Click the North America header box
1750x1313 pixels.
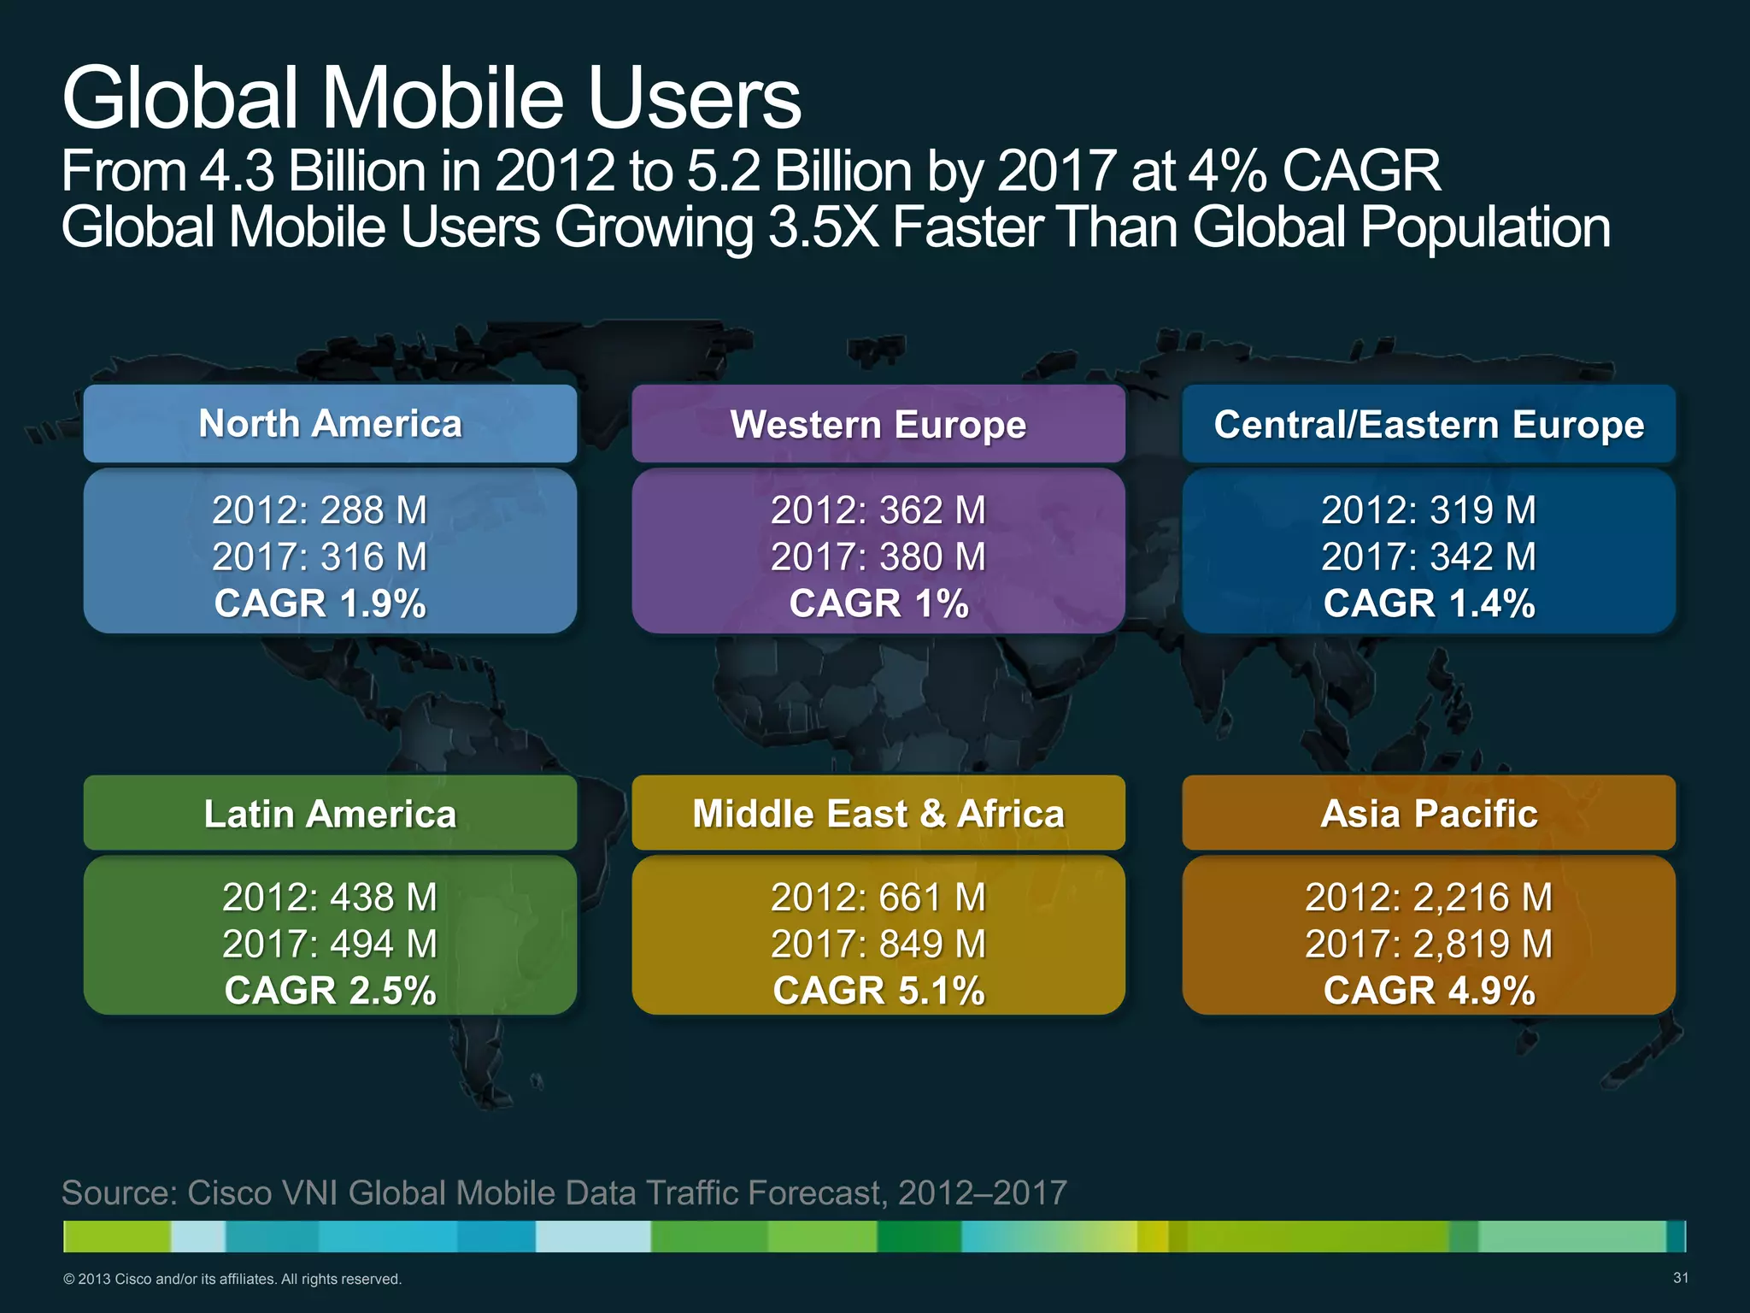(330, 424)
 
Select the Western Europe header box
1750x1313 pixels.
(878, 424)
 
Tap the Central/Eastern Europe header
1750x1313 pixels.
(1428, 424)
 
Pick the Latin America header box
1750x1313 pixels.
(330, 813)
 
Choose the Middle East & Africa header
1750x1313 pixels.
(878, 813)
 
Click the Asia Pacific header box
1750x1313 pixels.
(1428, 813)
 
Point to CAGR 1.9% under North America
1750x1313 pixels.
(320, 604)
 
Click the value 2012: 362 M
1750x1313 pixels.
(878, 510)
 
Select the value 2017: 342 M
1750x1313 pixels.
(1428, 557)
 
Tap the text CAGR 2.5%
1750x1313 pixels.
(330, 991)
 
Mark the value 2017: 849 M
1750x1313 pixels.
(878, 944)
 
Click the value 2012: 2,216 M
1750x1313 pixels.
(1428, 897)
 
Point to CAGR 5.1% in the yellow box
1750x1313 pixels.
(878, 991)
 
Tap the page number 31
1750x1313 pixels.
(1680, 1278)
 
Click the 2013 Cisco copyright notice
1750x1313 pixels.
(232, 1279)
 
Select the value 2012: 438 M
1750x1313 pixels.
(330, 897)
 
